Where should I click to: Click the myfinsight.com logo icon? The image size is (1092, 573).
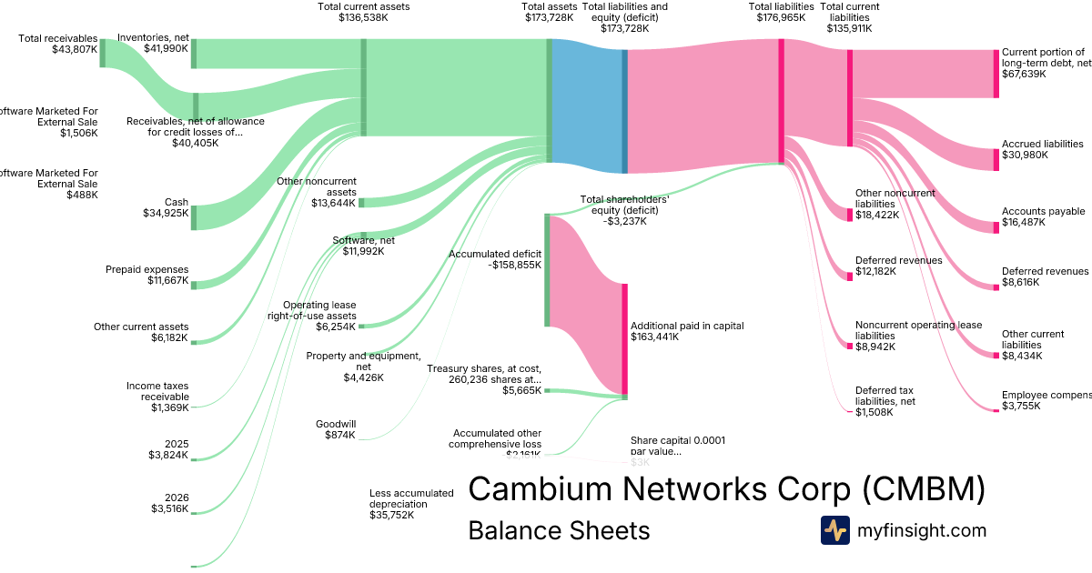pyautogui.click(x=835, y=530)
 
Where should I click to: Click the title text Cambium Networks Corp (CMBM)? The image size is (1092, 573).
pyautogui.click(x=726, y=489)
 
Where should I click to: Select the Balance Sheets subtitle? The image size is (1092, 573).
pyautogui.click(x=559, y=530)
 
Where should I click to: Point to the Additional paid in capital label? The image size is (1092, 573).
pyautogui.click(x=675, y=331)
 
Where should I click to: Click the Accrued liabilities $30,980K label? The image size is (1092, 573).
pyautogui.click(x=1042, y=149)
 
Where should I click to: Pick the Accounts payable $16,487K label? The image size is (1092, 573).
pyautogui.click(x=1043, y=216)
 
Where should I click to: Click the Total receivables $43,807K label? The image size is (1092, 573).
pyautogui.click(x=57, y=44)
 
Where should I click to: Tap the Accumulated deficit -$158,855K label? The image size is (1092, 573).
pyautogui.click(x=495, y=260)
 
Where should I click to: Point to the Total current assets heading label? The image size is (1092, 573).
pyautogui.click(x=363, y=12)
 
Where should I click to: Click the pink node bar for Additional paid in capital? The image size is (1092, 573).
pyautogui.click(x=625, y=338)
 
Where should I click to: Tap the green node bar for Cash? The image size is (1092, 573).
pyautogui.click(x=193, y=217)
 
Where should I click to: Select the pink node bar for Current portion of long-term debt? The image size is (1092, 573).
pyautogui.click(x=996, y=74)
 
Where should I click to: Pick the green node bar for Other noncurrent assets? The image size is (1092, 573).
pyautogui.click(x=361, y=202)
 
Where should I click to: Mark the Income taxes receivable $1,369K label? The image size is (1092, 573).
pyautogui.click(x=157, y=397)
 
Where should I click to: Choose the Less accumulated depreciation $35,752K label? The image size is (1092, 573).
pyautogui.click(x=411, y=504)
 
